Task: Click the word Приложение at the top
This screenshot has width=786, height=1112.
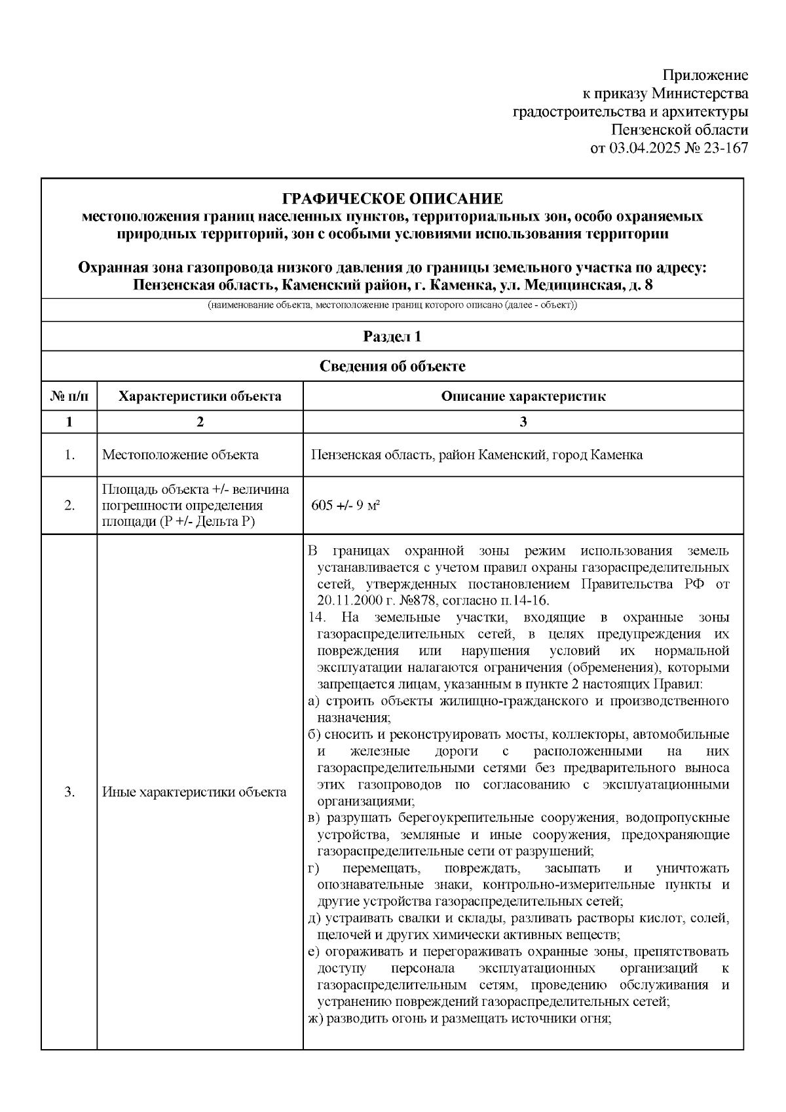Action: coord(705,75)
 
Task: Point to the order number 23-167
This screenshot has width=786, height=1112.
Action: coord(724,149)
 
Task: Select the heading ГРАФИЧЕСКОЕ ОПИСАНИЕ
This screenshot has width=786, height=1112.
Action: coord(392,198)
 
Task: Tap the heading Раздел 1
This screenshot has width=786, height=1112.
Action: coord(392,337)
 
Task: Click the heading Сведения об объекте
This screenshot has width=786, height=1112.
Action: coord(392,366)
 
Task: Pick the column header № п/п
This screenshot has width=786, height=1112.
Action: coord(69,396)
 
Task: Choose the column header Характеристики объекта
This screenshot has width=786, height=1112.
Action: coord(200,396)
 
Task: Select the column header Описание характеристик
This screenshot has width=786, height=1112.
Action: coord(523,396)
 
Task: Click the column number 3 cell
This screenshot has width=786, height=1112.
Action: coord(523,422)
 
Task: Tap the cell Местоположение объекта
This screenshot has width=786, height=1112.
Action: coord(180,455)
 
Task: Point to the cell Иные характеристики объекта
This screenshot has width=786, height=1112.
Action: coord(194,792)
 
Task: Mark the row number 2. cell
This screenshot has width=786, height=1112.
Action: coord(69,506)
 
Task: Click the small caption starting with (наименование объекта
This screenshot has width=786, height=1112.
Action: coord(392,306)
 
